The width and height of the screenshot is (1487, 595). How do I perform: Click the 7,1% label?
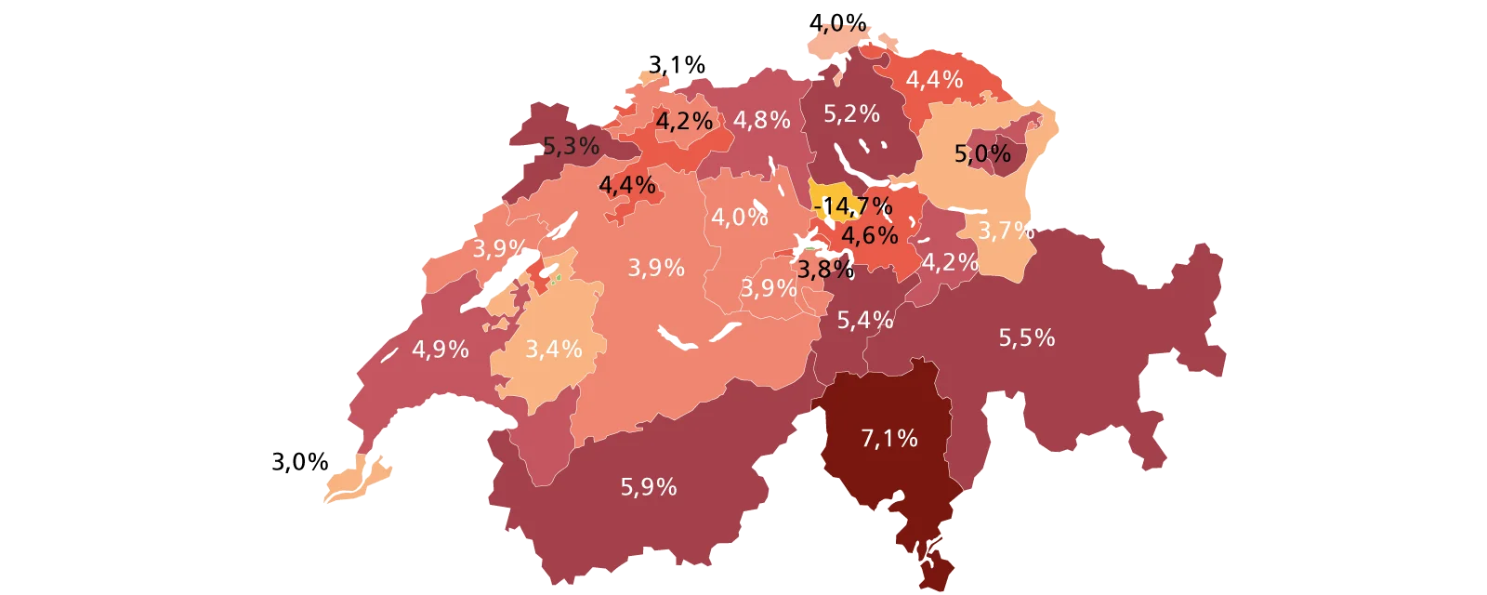(x=889, y=438)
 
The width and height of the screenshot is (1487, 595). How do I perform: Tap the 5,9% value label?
(x=649, y=486)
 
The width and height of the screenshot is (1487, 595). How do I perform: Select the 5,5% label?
(x=1027, y=337)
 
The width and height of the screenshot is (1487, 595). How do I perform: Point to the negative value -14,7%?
(x=852, y=205)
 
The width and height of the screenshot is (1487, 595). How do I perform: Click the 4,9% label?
(x=441, y=350)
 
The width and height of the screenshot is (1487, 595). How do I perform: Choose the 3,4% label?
(x=554, y=350)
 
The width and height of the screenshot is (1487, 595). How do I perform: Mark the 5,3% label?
(x=571, y=146)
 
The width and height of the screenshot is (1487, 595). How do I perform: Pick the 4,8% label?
(x=762, y=120)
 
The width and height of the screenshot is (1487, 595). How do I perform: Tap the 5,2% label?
(x=851, y=113)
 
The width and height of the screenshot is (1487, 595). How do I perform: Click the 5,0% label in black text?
(x=982, y=153)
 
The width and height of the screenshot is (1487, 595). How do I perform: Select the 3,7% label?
(x=1007, y=230)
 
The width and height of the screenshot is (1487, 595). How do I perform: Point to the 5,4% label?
(x=865, y=321)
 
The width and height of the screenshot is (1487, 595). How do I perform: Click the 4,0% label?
(x=740, y=218)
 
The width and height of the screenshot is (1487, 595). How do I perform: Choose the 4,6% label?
(x=870, y=234)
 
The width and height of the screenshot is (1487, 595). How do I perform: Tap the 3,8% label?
(x=825, y=270)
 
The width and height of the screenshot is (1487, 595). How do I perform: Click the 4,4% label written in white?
(x=934, y=80)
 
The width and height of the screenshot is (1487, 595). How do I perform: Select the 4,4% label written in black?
(x=627, y=185)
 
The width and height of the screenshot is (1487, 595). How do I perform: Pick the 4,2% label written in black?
(x=684, y=121)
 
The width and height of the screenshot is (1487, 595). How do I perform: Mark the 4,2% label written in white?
(x=950, y=262)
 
